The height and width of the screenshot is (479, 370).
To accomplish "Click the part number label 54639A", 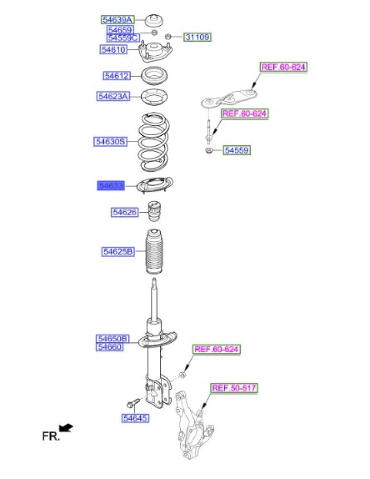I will coord(117,20).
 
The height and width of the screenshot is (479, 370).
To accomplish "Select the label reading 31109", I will coord(198,37).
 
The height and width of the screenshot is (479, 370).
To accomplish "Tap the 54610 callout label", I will coord(113,49).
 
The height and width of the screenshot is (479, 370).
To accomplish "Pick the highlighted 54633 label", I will coord(111,186).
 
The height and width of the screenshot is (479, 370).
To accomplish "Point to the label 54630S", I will coord(110,141).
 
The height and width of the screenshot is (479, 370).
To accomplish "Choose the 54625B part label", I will coord(117,251).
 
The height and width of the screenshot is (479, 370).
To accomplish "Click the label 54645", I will coord(135,419).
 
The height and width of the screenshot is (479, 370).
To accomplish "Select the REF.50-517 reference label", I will coord(235,388).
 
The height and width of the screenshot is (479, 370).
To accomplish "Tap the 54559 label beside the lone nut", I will coord(237,151).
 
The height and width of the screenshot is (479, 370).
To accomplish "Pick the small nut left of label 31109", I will coord(168,36).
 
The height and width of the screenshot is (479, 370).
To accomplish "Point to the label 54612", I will coord(117,76).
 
